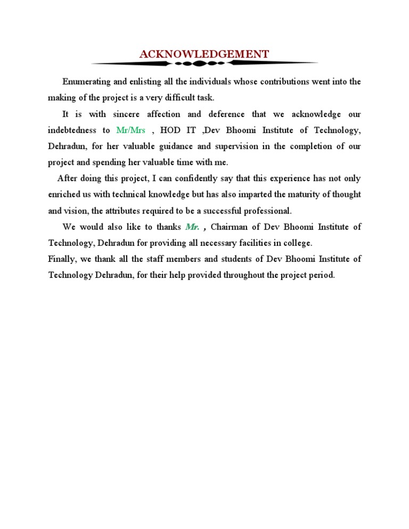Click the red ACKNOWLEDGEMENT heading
coord(204,54)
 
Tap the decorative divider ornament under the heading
coord(204,63)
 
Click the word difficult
coord(175,98)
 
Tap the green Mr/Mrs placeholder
coord(130,130)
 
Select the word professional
coord(266,211)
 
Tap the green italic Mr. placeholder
coord(192,227)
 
